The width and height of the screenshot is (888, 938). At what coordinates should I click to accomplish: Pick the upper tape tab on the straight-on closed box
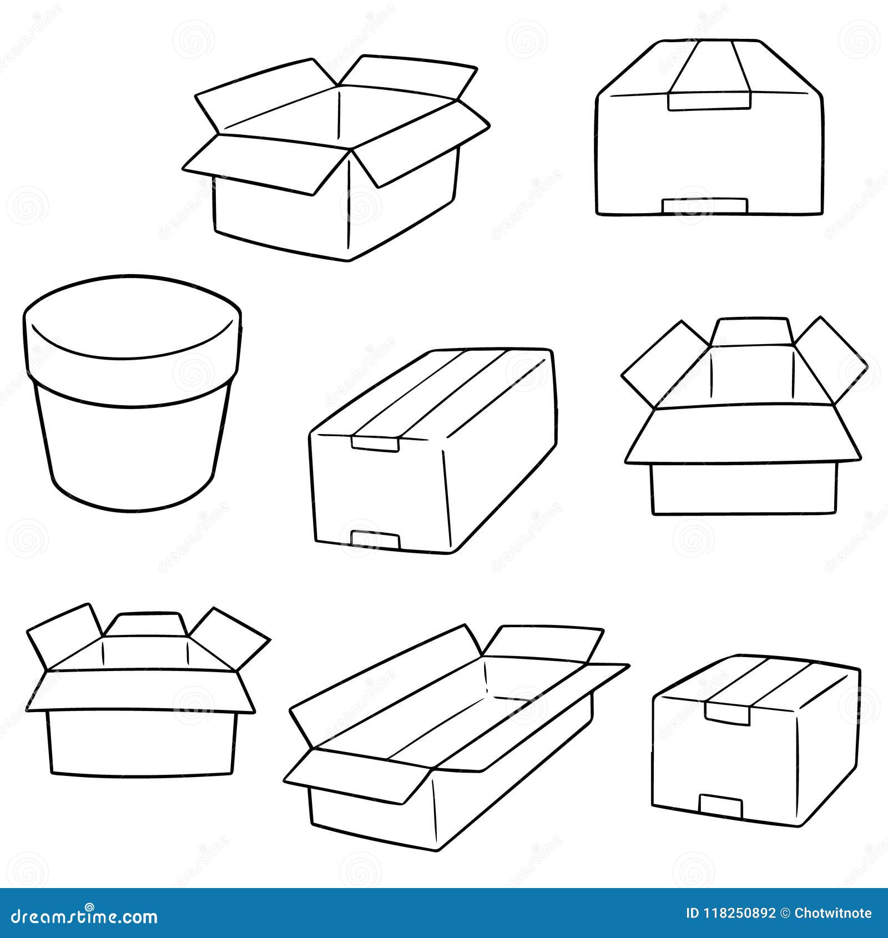tap(709, 101)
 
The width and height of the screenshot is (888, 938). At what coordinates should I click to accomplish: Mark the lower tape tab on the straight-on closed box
tap(704, 205)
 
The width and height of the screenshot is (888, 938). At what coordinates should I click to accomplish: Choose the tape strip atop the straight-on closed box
tap(709, 67)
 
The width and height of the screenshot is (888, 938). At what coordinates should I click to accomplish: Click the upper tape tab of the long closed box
tap(375, 443)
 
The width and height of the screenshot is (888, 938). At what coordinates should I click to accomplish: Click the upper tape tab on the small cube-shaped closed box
tap(727, 712)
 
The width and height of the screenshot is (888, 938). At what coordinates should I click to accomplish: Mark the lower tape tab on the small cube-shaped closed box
tap(720, 806)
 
